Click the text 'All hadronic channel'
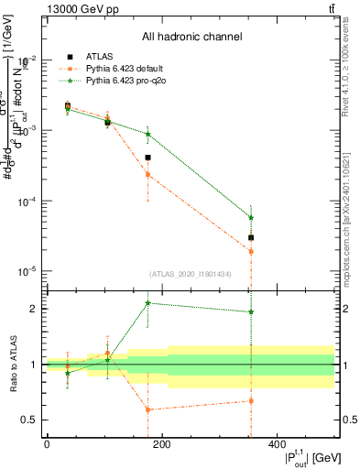(x=191, y=38)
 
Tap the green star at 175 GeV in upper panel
(x=147, y=135)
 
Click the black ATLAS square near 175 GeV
(x=147, y=158)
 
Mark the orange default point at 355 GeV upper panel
(x=251, y=251)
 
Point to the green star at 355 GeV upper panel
(x=251, y=217)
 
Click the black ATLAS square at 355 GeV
(x=251, y=237)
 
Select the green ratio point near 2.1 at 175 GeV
(x=147, y=303)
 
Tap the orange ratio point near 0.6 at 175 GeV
(x=147, y=409)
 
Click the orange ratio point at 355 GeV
(x=251, y=400)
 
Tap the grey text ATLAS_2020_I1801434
(x=191, y=274)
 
